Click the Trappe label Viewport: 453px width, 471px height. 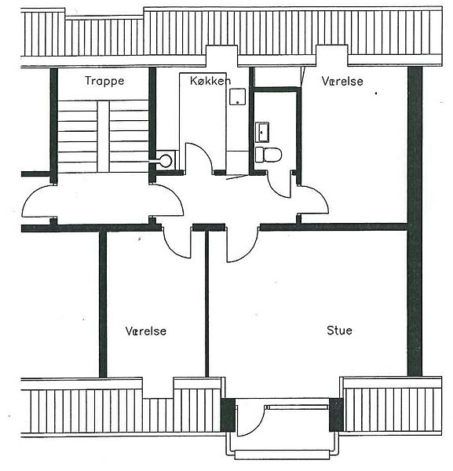(x=104, y=81)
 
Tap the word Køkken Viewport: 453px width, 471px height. (x=210, y=81)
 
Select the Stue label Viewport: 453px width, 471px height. (x=339, y=330)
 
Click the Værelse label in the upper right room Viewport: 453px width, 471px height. (x=342, y=81)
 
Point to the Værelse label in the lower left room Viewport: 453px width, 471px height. (x=146, y=331)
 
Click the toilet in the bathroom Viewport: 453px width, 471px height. (x=269, y=155)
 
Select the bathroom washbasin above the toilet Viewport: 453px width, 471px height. (x=262, y=132)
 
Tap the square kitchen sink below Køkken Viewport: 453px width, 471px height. (x=238, y=97)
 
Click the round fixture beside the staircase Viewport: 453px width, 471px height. (x=166, y=161)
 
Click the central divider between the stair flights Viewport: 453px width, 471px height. (x=104, y=137)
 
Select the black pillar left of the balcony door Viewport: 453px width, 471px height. (x=228, y=414)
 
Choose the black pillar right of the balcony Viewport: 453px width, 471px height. (x=336, y=414)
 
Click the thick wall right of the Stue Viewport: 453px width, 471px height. (x=415, y=221)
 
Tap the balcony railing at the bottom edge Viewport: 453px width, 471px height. (x=283, y=455)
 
